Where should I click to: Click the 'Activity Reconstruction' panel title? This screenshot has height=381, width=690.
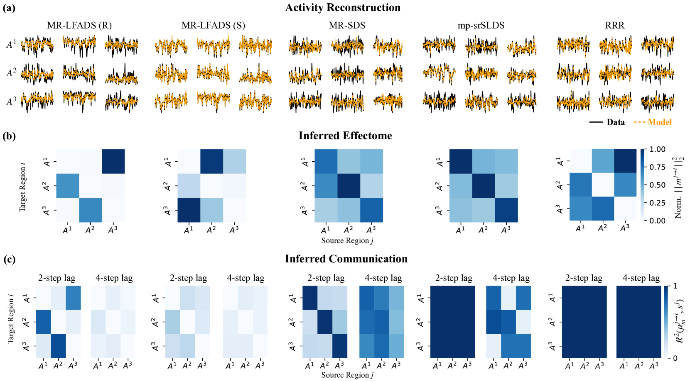coord(343,7)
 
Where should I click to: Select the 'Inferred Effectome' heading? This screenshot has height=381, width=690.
coord(345,136)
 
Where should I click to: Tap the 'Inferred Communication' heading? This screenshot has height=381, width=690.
coord(346,259)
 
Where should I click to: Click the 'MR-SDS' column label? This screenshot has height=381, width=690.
coord(347,25)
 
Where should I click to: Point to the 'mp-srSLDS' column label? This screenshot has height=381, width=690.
coord(481,25)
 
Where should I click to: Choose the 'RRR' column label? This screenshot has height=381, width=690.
coord(615,25)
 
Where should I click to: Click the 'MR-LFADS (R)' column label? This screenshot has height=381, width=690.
coord(79,25)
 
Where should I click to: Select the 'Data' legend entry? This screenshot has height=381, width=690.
coord(615,122)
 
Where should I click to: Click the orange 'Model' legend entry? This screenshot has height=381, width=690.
coord(660,122)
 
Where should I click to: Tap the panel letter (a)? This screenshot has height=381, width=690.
coord(9,8)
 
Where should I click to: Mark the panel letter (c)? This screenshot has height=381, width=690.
coord(10,260)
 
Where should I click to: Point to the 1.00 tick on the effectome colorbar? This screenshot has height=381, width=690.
coord(658,149)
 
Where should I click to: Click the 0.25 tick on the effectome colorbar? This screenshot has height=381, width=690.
coord(658,203)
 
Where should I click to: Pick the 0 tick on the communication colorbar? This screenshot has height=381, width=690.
coord(675,358)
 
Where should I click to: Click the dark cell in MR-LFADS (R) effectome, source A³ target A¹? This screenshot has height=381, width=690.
coord(113,161)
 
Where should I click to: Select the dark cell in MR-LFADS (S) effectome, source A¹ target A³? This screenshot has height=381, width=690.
coord(189,210)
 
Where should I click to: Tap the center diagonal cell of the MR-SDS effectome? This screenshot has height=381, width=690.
coord(349,186)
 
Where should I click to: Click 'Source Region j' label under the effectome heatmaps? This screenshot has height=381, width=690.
coord(347,241)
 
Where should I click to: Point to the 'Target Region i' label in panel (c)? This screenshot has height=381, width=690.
coord(11,319)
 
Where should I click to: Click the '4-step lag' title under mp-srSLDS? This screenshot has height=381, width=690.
coord(511,278)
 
